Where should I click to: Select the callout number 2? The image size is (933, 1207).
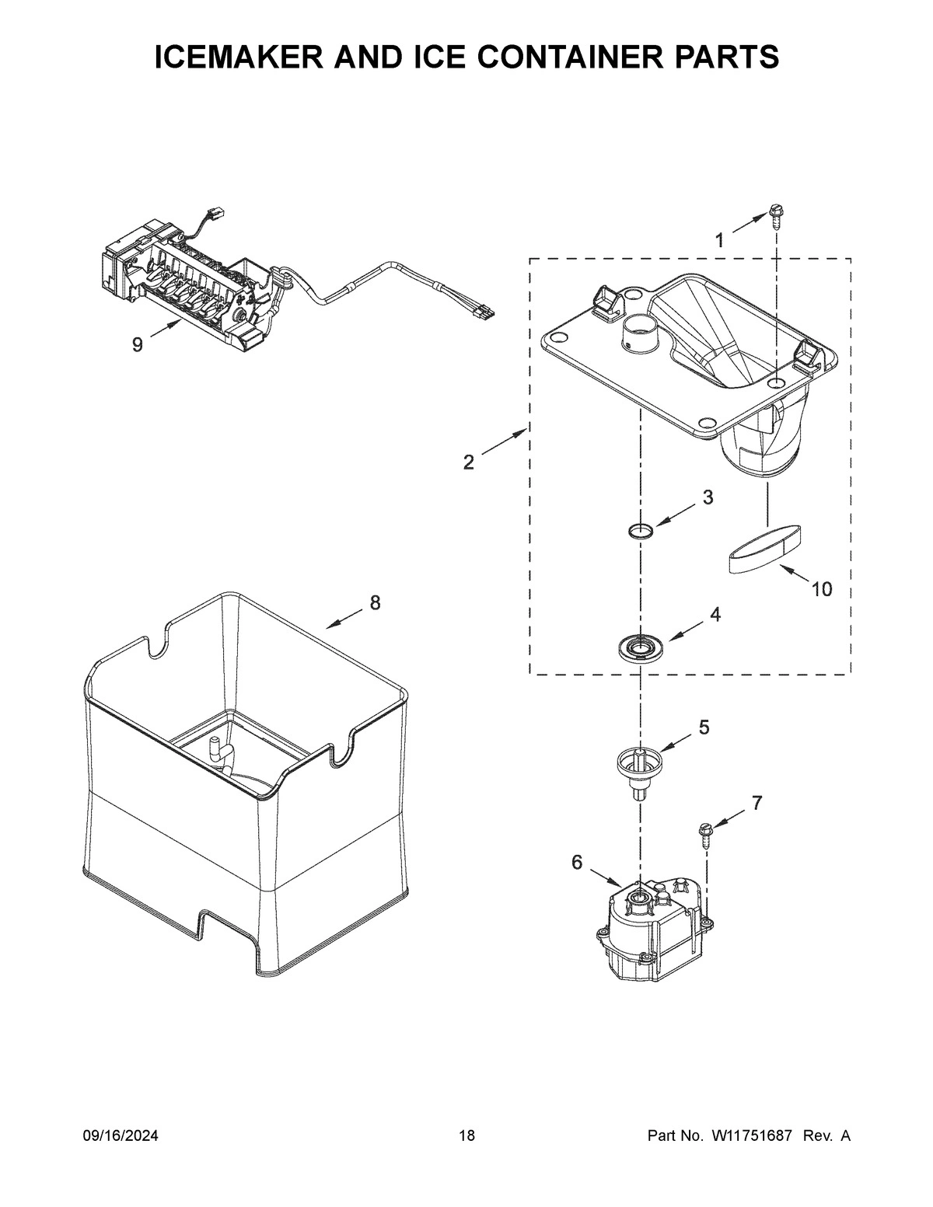tap(468, 462)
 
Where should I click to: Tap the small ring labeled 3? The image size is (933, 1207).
tap(640, 532)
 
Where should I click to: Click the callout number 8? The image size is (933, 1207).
tap(375, 602)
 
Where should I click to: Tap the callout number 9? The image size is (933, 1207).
tap(138, 345)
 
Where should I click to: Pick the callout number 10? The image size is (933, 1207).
tap(821, 589)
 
